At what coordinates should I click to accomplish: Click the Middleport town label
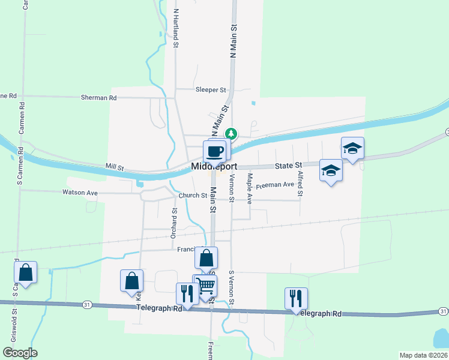point(214,166)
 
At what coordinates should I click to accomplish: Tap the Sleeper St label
point(210,90)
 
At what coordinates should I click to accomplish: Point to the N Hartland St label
point(176,28)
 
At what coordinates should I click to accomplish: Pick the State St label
point(289,164)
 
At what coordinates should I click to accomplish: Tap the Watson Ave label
point(80,193)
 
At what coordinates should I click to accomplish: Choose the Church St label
point(193,196)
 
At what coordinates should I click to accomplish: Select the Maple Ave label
point(250,188)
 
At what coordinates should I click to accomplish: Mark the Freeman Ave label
point(274,186)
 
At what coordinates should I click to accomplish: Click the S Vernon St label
point(231,287)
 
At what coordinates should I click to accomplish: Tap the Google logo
point(20,353)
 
